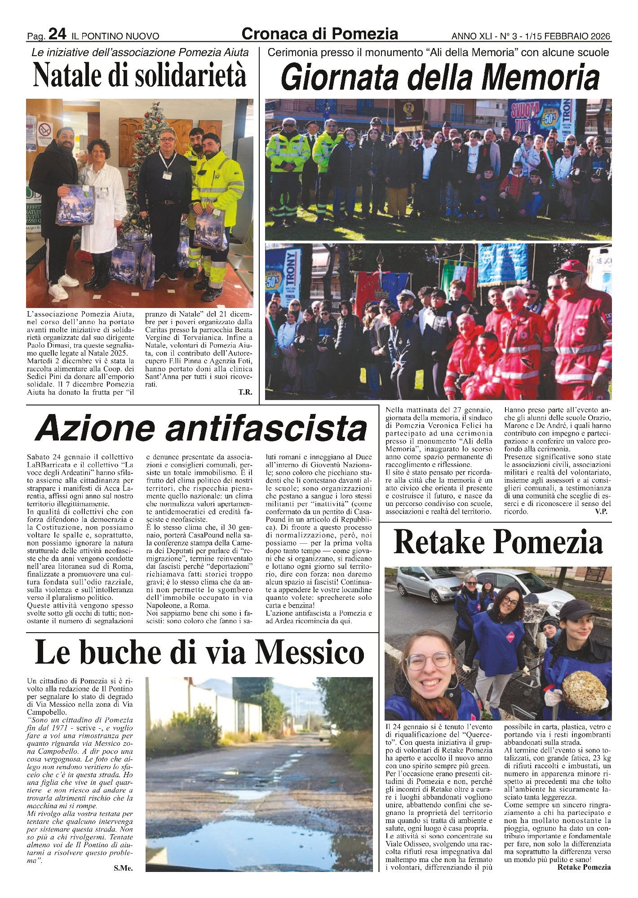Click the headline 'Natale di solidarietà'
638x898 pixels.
(x=140, y=75)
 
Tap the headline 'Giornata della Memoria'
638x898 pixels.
(x=440, y=78)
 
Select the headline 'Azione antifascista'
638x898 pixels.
(x=201, y=429)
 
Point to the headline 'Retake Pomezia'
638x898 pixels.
(x=498, y=542)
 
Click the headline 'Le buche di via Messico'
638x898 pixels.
(x=199, y=652)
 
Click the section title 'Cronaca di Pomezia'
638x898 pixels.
(x=319, y=34)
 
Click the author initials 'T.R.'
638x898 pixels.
(x=245, y=392)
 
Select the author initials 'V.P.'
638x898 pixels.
(x=601, y=512)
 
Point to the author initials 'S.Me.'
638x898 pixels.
(x=123, y=868)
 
